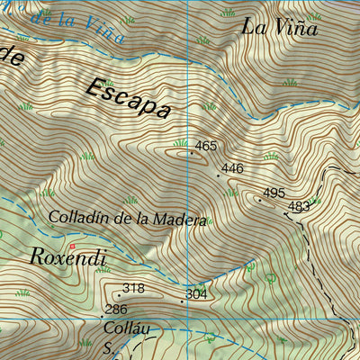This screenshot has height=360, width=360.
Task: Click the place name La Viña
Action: pos(279,27)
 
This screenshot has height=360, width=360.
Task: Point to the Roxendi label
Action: pos(68,258)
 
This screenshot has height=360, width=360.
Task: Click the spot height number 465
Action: pos(206,146)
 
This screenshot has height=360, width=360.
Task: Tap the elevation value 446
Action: pos(232,168)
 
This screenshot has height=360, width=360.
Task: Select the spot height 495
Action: pos(274,193)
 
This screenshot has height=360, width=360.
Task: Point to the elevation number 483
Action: pos(298,207)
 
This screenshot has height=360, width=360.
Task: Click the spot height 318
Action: pos(133,288)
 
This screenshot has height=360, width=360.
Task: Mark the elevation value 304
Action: pos(195,294)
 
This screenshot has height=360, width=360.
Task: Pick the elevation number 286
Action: pos(115,310)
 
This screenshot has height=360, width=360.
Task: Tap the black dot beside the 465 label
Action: pos(191,153)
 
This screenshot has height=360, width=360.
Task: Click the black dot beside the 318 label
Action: pos(118,294)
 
